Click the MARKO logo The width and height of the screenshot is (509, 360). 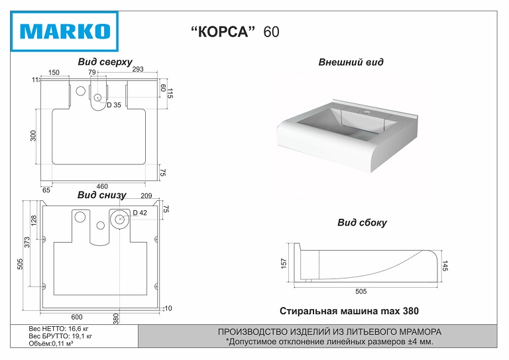click(65, 31)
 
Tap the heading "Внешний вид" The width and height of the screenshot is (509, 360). click(351, 62)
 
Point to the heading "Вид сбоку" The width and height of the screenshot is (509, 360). click(362, 223)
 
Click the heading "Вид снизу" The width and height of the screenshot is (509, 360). click(101, 195)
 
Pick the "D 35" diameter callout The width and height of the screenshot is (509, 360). click(114, 105)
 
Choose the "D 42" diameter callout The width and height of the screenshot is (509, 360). click(139, 213)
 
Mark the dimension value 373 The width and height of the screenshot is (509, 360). click(28, 243)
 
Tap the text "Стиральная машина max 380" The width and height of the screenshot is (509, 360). click(349, 310)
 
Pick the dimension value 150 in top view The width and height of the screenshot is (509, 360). click(54, 72)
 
